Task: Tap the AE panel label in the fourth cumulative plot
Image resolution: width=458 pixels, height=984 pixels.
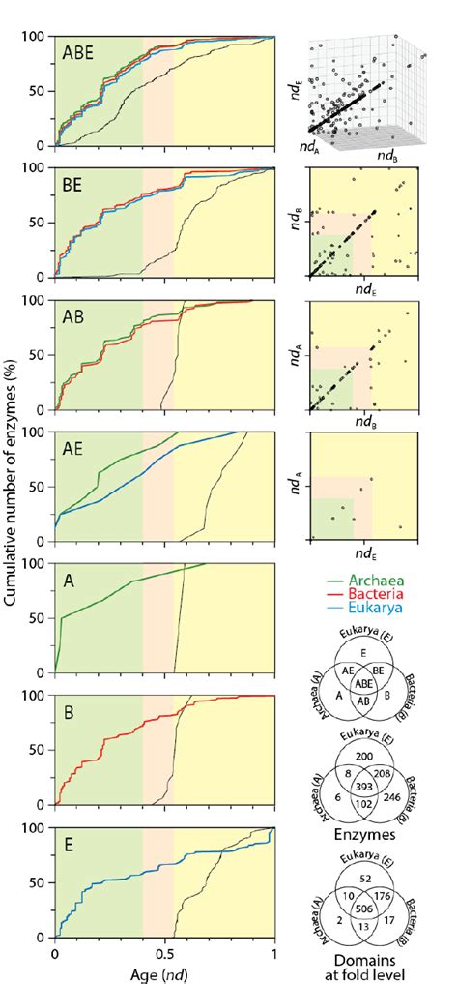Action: coord(75,449)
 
